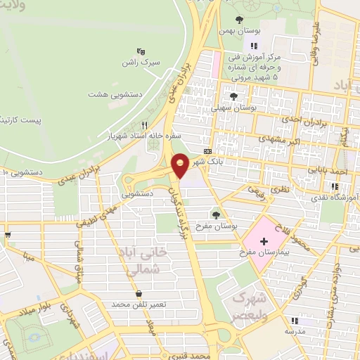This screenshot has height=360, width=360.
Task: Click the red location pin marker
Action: (x=181, y=165)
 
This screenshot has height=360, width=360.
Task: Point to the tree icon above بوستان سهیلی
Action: (x=233, y=97)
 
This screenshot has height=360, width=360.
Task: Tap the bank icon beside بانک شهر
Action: (x=207, y=151)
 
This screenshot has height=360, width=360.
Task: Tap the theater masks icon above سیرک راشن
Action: (x=140, y=51)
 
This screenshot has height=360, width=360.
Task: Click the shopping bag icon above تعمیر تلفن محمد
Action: (x=139, y=293)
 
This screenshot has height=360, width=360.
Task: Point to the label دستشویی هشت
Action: (x=111, y=93)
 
